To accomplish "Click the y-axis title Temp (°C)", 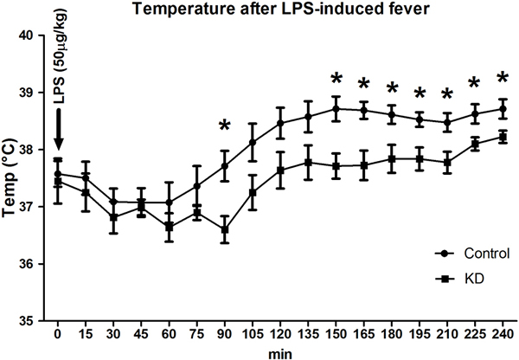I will [x=12, y=178].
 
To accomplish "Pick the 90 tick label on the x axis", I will [x=224, y=335].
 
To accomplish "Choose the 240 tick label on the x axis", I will [x=501, y=335].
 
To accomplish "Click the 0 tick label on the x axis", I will [x=58, y=335].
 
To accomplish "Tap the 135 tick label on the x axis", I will [x=307, y=335].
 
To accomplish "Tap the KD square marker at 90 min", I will [x=224, y=230].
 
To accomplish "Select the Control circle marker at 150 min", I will [x=335, y=109].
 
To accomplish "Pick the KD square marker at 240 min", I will [x=501, y=137].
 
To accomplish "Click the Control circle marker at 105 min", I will [x=252, y=142].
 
